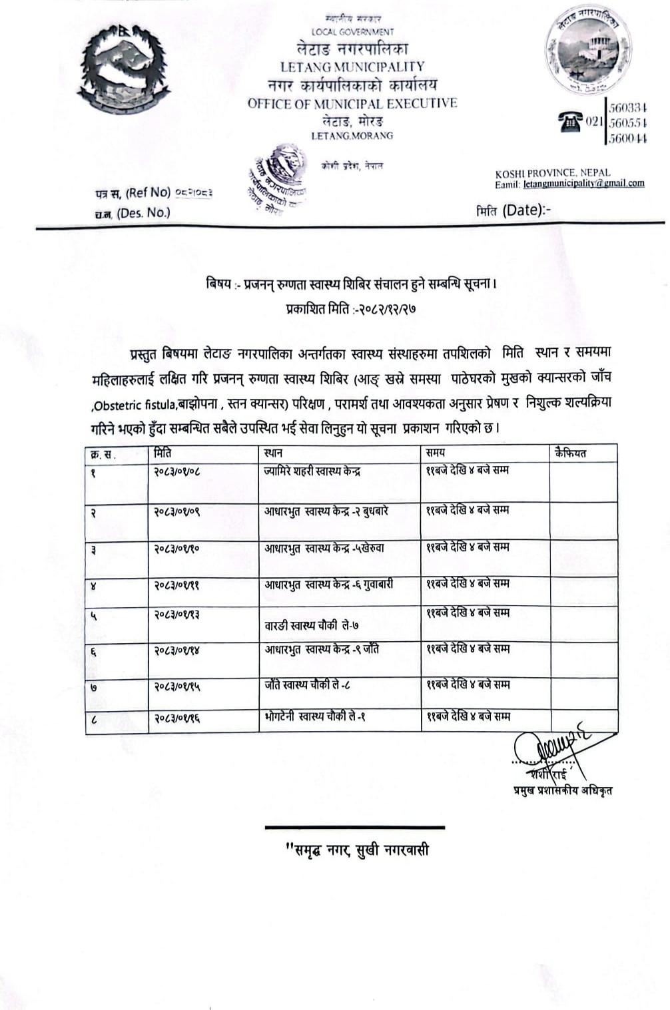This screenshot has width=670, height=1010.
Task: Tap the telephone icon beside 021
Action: [x=569, y=122]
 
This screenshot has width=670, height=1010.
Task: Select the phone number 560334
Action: [x=629, y=108]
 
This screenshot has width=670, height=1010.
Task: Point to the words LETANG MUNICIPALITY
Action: [x=352, y=67]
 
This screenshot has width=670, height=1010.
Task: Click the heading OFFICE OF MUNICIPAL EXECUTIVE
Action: [x=352, y=103]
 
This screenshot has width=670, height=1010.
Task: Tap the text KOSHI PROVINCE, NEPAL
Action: [x=552, y=173]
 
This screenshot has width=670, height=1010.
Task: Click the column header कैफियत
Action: [x=570, y=453]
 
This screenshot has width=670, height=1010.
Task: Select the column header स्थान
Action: [x=274, y=453]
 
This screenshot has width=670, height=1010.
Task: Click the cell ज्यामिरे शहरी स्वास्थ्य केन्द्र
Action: [x=312, y=472]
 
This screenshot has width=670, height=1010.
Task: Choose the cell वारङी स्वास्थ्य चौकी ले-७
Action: [x=312, y=626]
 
